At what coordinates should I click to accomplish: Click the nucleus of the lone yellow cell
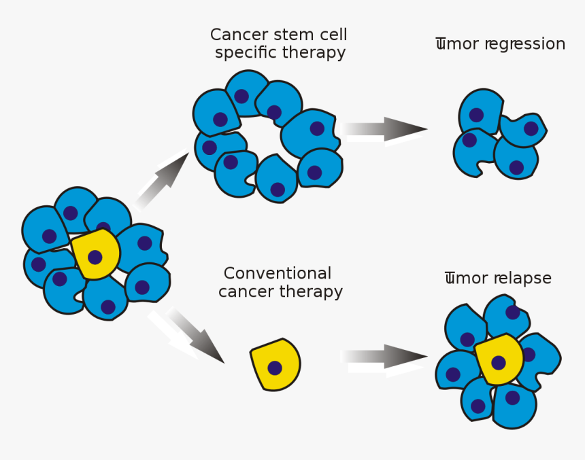(275, 368)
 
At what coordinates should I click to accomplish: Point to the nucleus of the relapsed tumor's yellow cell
(499, 363)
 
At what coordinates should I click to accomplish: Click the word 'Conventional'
(278, 274)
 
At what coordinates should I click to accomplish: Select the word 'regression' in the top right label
(524, 44)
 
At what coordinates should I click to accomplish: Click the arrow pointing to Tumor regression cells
(385, 128)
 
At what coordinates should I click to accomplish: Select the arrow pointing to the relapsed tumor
(385, 357)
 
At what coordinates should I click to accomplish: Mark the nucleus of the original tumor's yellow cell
(95, 258)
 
